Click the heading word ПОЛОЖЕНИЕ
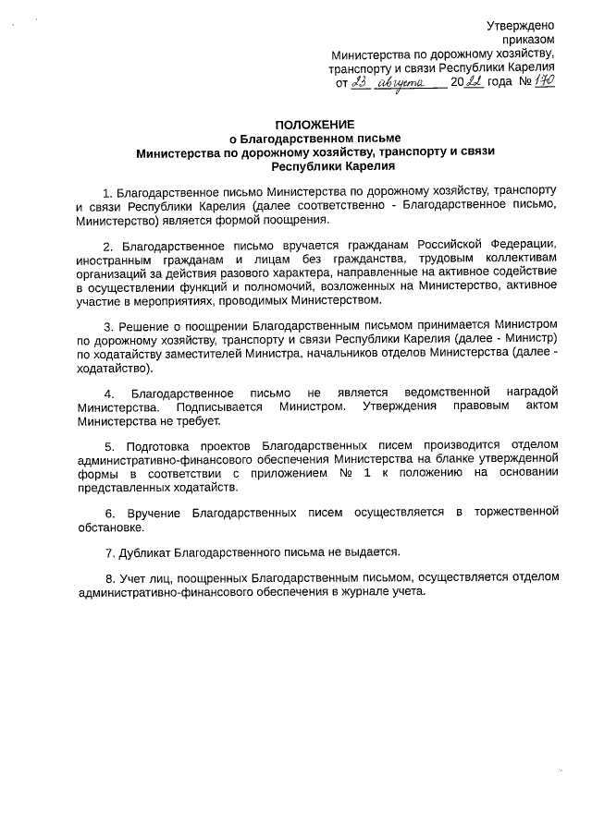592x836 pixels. click(314, 125)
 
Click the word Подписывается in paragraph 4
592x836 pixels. click(219, 406)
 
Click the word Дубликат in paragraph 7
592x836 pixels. click(148, 552)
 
